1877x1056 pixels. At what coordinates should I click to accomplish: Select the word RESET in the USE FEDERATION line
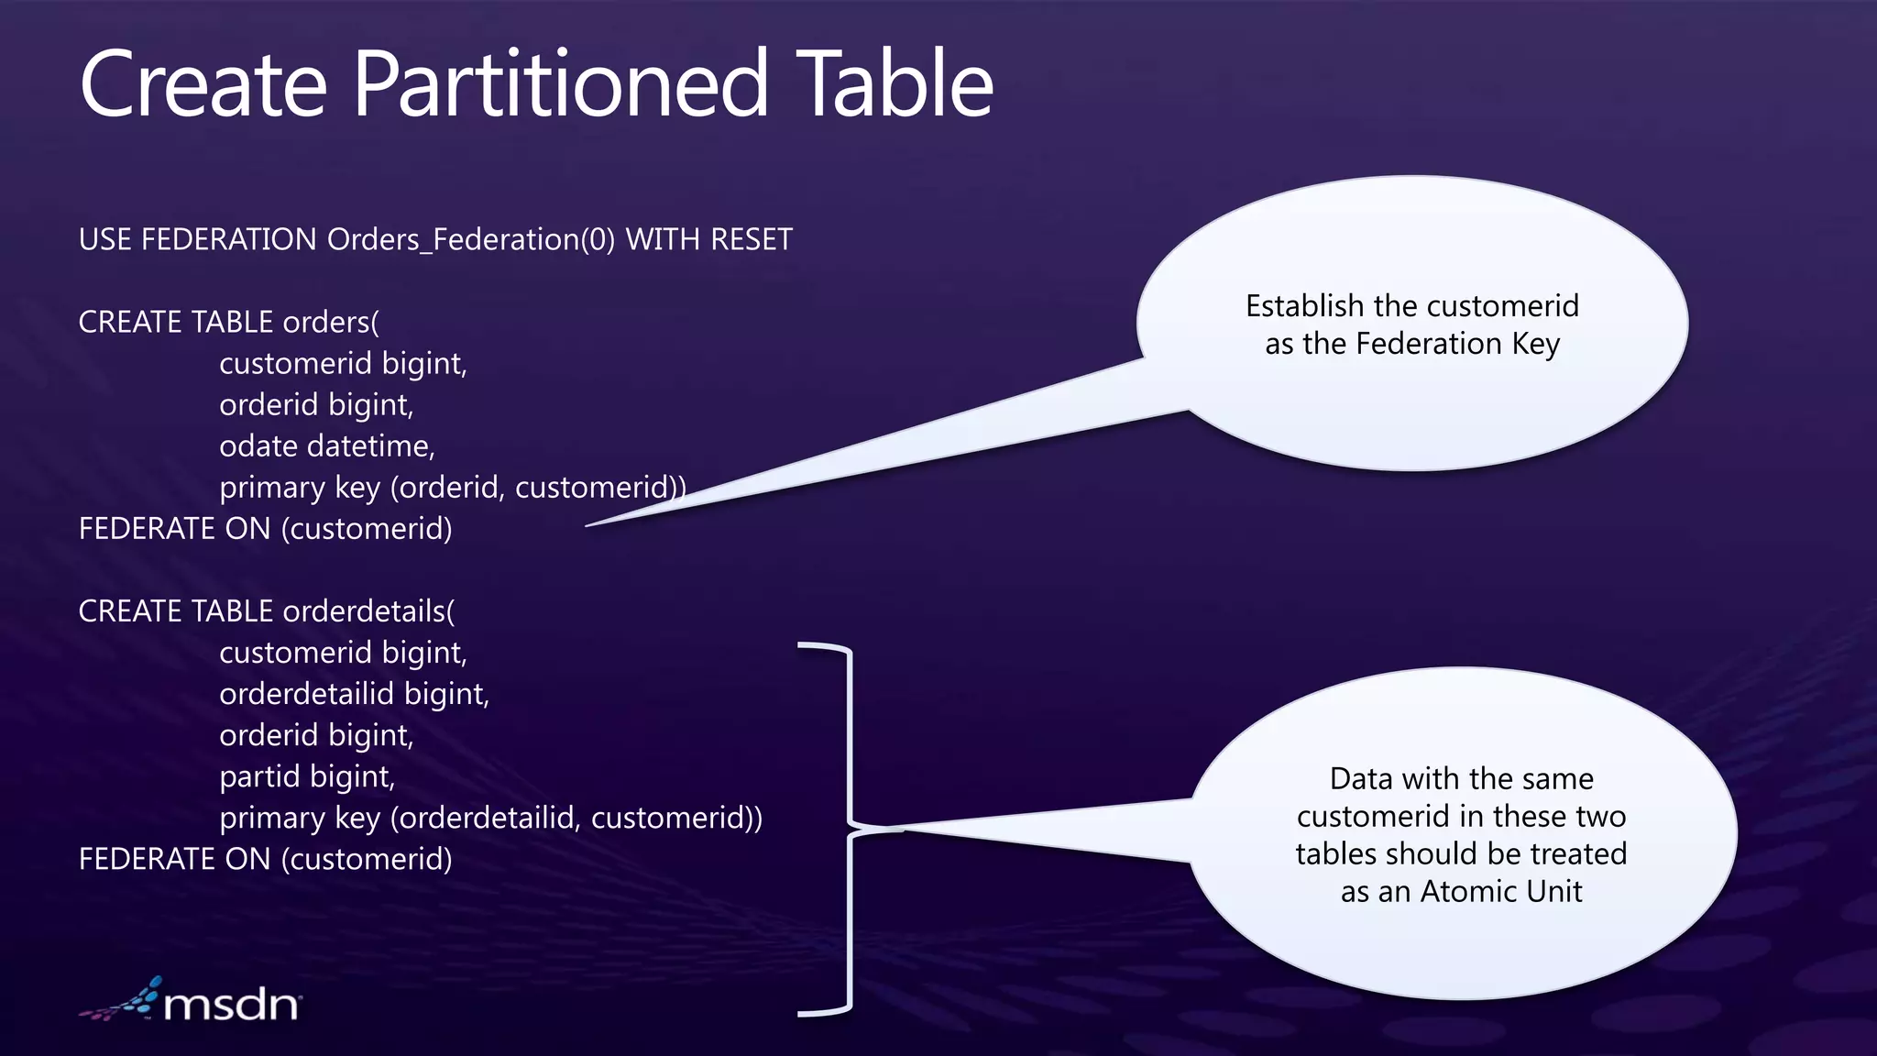pyautogui.click(x=751, y=239)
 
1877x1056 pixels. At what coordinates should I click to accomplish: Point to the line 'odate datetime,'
pyautogui.click(x=327, y=446)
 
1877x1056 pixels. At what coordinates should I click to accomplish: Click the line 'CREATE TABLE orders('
pyautogui.click(x=228, y=323)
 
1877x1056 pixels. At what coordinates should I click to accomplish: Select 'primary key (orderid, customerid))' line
pyautogui.click(x=452, y=488)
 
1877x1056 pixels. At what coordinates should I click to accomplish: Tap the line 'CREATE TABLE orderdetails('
pyautogui.click(x=266, y=611)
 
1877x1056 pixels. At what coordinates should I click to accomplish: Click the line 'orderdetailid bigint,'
pyautogui.click(x=354, y=694)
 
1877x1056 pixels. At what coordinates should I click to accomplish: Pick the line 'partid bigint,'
pyautogui.click(x=307, y=776)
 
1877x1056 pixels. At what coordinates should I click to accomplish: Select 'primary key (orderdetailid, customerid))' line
pyautogui.click(x=490, y=818)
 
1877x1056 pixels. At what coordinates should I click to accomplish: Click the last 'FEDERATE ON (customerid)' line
pyautogui.click(x=265, y=859)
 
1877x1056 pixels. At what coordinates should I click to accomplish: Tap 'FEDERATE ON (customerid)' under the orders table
pyautogui.click(x=265, y=529)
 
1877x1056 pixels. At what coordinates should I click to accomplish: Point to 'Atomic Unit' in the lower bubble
pyautogui.click(x=1501, y=891)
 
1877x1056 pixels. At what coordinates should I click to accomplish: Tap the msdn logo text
pyautogui.click(x=231, y=1005)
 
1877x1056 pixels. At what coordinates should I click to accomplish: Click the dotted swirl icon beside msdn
pyautogui.click(x=123, y=1001)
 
